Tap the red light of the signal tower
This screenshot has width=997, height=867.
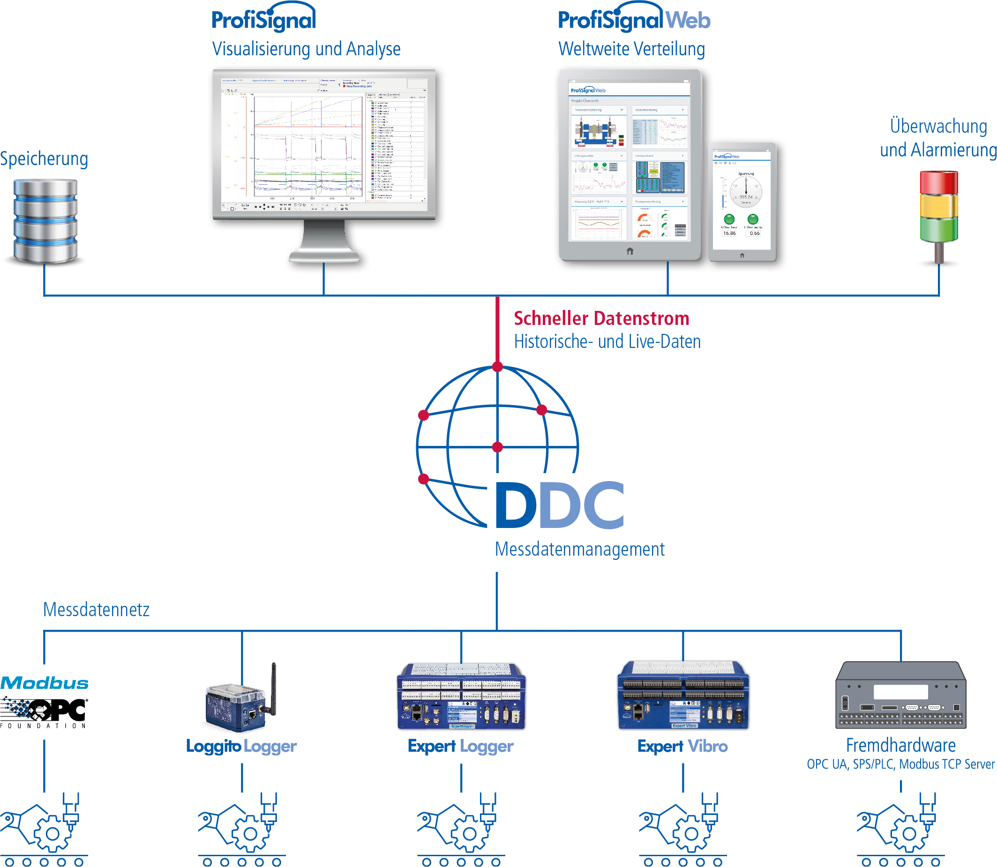[x=938, y=182]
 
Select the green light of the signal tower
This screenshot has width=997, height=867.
[x=938, y=229]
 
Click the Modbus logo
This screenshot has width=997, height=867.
[x=45, y=683]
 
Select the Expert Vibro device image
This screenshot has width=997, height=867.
[x=683, y=695]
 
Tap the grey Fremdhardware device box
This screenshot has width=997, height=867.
[x=900, y=695]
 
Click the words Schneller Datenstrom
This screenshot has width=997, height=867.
[x=601, y=318]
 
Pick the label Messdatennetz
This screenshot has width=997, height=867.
[x=96, y=610]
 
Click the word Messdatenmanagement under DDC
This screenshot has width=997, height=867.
[x=579, y=549]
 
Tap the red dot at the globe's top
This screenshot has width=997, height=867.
[x=497, y=367]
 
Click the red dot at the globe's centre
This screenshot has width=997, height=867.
[x=497, y=447]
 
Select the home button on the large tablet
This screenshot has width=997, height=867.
[x=630, y=251]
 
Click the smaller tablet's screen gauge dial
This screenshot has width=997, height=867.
[x=746, y=191]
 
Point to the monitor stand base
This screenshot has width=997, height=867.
[x=323, y=256]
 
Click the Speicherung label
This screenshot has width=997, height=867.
[x=44, y=158]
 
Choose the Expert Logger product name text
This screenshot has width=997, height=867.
[x=460, y=746]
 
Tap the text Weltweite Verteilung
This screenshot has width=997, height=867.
[x=631, y=49]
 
